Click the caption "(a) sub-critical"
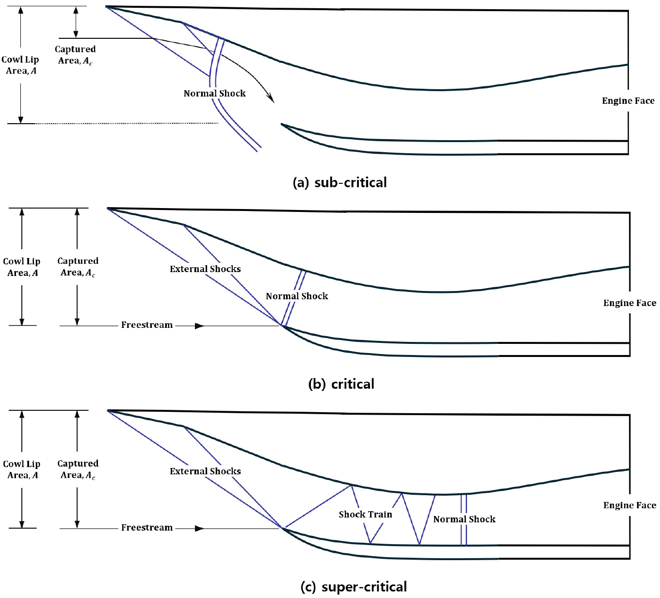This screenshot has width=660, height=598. [339, 183]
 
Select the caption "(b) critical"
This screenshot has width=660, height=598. [341, 384]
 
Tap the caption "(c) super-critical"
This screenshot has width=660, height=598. [354, 587]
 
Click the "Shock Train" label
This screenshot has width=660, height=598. [365, 515]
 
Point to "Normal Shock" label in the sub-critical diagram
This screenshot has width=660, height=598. [214, 94]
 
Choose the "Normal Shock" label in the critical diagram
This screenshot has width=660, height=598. [297, 296]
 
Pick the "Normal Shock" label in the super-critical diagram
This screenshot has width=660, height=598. [464, 519]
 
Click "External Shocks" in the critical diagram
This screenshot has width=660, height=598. [205, 269]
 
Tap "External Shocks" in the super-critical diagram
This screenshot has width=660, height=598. [205, 471]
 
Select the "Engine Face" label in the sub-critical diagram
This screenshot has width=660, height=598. [628, 101]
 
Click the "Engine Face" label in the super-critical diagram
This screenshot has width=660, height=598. [629, 505]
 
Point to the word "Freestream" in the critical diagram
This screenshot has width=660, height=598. [147, 325]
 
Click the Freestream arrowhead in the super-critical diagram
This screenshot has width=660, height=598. [199, 529]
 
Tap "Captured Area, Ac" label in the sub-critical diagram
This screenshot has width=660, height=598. [75, 55]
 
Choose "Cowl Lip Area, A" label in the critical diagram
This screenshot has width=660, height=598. [22, 267]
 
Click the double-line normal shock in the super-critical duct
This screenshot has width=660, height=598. [464, 519]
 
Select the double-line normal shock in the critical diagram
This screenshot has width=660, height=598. [293, 298]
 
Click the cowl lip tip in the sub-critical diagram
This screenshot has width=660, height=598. [281, 124]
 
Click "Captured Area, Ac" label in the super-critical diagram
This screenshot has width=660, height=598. [78, 469]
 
